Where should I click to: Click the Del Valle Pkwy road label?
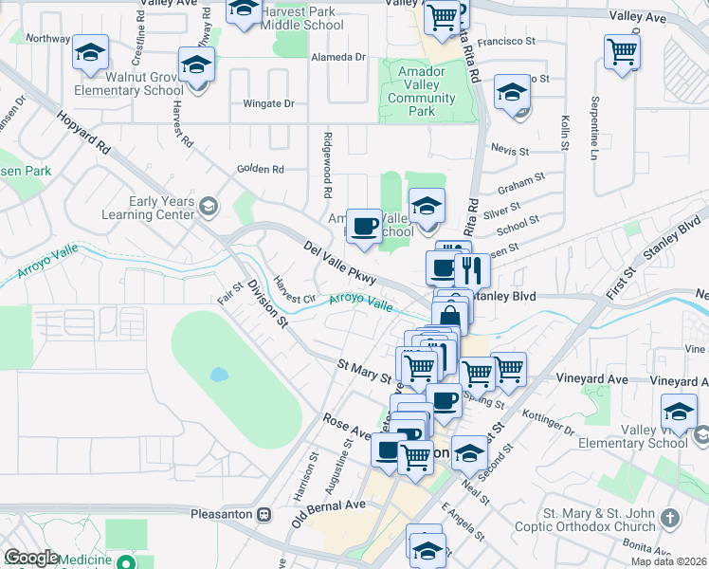(340, 262)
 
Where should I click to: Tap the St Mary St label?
(365, 369)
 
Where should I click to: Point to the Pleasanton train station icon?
(264, 515)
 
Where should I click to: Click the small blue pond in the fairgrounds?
(218, 374)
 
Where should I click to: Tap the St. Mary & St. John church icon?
(671, 518)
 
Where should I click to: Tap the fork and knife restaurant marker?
(472, 270)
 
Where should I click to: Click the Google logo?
(31, 558)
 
